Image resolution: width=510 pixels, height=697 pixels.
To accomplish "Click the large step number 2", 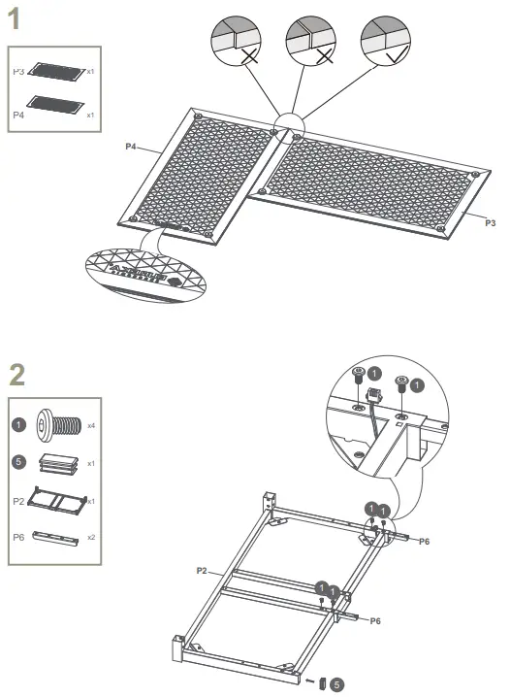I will click(x=16, y=375).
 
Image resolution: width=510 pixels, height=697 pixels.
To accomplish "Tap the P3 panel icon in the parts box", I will click(x=58, y=71).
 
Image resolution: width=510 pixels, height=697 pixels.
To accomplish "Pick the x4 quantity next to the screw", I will click(x=90, y=426).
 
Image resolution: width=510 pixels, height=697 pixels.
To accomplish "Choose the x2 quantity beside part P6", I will click(x=91, y=537).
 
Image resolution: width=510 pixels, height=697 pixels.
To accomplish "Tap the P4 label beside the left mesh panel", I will click(x=131, y=147).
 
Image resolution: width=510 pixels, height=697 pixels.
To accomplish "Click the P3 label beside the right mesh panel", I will click(x=490, y=223).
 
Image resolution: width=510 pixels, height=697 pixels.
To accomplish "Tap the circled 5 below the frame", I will click(x=336, y=684).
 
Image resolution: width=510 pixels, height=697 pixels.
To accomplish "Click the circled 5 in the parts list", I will click(x=18, y=463).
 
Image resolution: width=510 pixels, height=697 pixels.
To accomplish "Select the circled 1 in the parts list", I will click(x=18, y=425).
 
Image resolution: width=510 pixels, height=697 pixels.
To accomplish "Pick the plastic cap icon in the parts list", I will click(x=58, y=463).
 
